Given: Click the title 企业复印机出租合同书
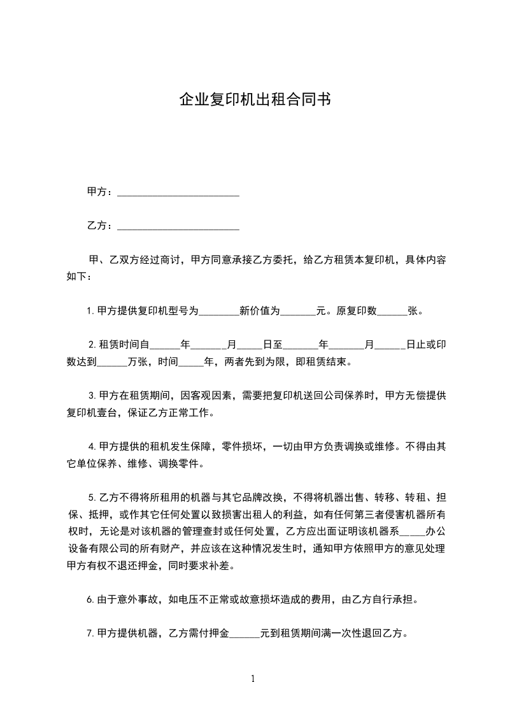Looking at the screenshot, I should [253, 101].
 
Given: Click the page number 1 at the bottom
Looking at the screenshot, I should [253, 679].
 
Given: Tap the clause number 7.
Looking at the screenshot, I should [90, 634].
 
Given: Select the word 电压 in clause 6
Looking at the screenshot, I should [191, 600].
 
